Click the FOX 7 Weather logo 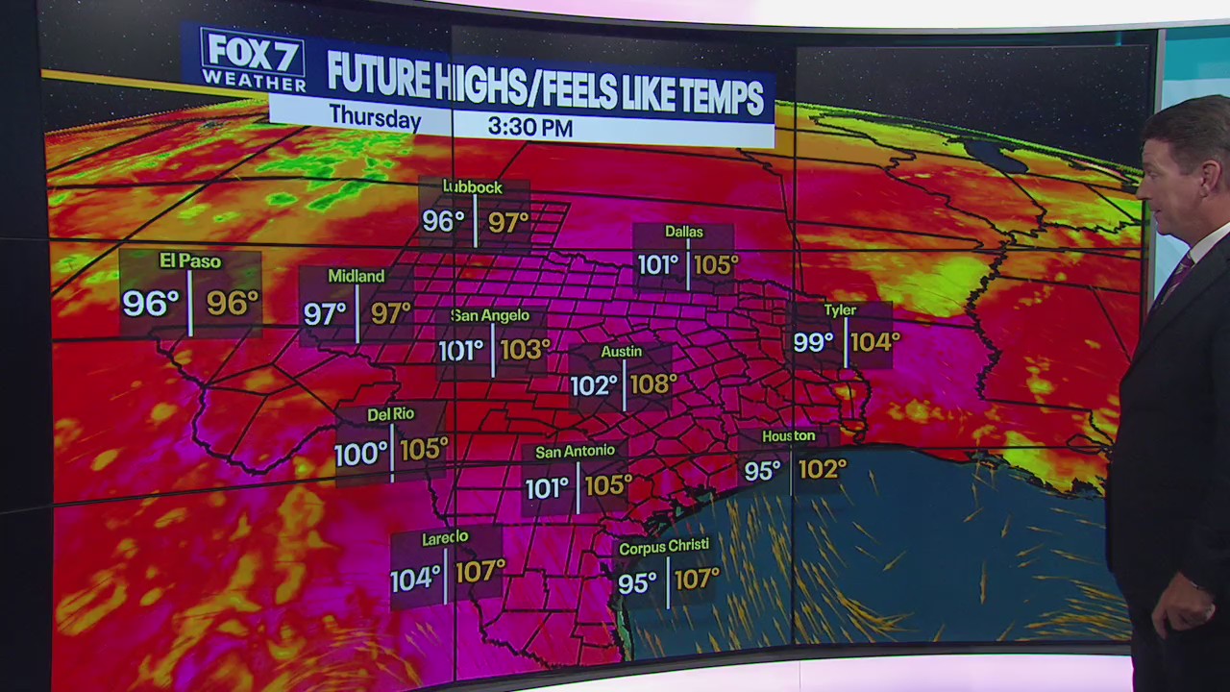(252, 60)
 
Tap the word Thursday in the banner (375, 118)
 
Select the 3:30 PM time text (529, 126)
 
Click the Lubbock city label (472, 186)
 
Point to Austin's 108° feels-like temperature (653, 384)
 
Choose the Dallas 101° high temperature (657, 264)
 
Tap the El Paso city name (190, 261)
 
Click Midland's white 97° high (325, 313)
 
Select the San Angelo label (490, 315)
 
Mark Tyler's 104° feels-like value (874, 341)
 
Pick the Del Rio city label (390, 414)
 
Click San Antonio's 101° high (547, 487)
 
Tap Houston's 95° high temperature (762, 471)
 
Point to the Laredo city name (445, 539)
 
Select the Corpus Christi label (664, 547)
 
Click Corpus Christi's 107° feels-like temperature (697, 580)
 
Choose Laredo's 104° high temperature (415, 580)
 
